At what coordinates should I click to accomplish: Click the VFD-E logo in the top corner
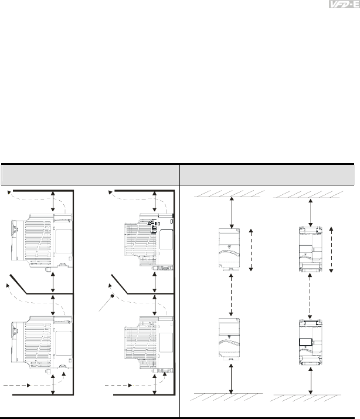point(344,4)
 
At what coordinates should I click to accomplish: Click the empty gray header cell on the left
point(90,175)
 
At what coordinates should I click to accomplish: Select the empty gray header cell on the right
point(267,175)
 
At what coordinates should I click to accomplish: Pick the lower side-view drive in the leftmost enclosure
point(42,343)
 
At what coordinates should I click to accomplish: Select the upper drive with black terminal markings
point(150,242)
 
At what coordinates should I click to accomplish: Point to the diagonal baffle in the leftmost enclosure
point(18,284)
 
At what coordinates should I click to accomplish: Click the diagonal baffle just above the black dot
point(120,284)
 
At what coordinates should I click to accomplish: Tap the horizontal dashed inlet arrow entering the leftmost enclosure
point(17,386)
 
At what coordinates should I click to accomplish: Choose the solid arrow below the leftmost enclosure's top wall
point(53,201)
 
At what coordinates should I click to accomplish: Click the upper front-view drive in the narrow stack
point(229,250)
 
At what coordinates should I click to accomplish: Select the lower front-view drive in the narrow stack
point(229,339)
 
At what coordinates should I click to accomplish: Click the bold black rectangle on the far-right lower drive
point(306,342)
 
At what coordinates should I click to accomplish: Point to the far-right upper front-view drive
point(311,249)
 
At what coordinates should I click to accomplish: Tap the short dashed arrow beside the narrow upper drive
point(251,250)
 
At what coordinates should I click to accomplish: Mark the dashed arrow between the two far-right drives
point(310,295)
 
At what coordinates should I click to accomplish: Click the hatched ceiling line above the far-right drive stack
point(307,194)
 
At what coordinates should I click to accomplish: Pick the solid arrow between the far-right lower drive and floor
point(310,381)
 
